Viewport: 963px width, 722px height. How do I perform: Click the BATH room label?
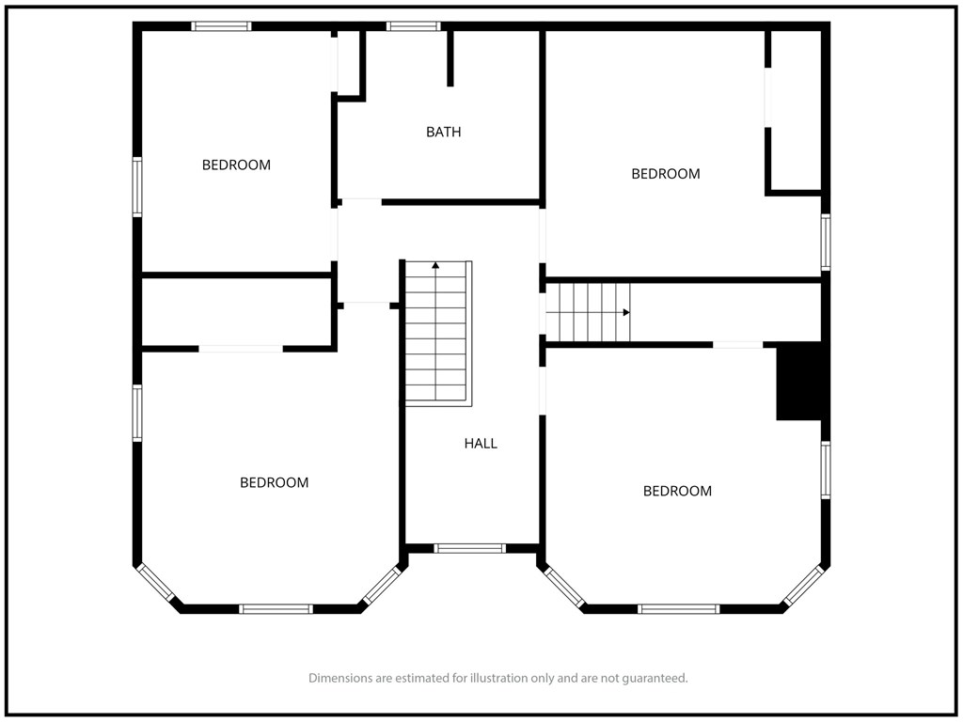(x=444, y=132)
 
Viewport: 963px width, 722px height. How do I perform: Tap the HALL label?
(x=481, y=444)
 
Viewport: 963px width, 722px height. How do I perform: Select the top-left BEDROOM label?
(x=236, y=165)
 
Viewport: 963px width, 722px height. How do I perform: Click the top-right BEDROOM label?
(x=666, y=174)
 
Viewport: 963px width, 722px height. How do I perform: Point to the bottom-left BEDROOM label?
(x=274, y=482)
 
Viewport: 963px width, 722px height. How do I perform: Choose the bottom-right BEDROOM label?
(x=677, y=491)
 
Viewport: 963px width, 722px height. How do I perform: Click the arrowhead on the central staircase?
(x=435, y=265)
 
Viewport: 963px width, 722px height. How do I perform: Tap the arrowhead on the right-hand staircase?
(x=626, y=312)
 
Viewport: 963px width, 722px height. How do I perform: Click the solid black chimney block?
(x=799, y=382)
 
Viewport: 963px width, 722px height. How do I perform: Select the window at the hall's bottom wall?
(x=470, y=548)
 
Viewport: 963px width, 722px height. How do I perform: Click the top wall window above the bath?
(x=414, y=26)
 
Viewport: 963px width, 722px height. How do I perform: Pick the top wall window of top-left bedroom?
(x=221, y=26)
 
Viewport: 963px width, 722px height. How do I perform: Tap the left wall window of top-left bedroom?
(x=137, y=187)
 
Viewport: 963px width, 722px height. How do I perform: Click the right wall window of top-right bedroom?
(x=826, y=242)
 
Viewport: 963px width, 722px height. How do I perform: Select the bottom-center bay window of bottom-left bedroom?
(x=276, y=609)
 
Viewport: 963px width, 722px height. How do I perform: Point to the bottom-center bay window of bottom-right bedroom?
(x=678, y=609)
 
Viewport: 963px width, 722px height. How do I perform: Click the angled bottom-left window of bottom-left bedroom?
(x=155, y=582)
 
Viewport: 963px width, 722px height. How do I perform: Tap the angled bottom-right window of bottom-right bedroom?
(x=803, y=585)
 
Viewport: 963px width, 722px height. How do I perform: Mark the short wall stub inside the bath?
(x=450, y=58)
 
